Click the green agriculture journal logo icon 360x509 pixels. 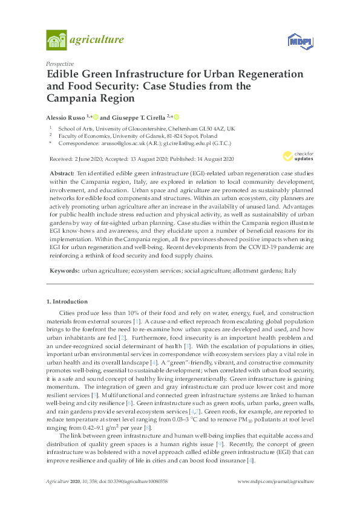[x=56, y=40]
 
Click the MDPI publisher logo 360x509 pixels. [x=298, y=41]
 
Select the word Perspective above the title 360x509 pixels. [x=60, y=63]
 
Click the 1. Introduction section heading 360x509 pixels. [x=67, y=301]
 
